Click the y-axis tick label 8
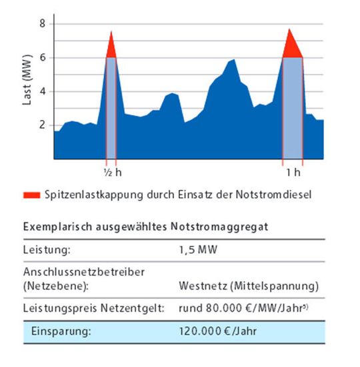tap(42, 23)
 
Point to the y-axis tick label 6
tap(42, 57)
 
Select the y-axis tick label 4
tap(42, 91)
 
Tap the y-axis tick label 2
tap(42, 125)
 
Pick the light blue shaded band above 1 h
tap(293, 107)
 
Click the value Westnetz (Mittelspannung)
tap(249, 286)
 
